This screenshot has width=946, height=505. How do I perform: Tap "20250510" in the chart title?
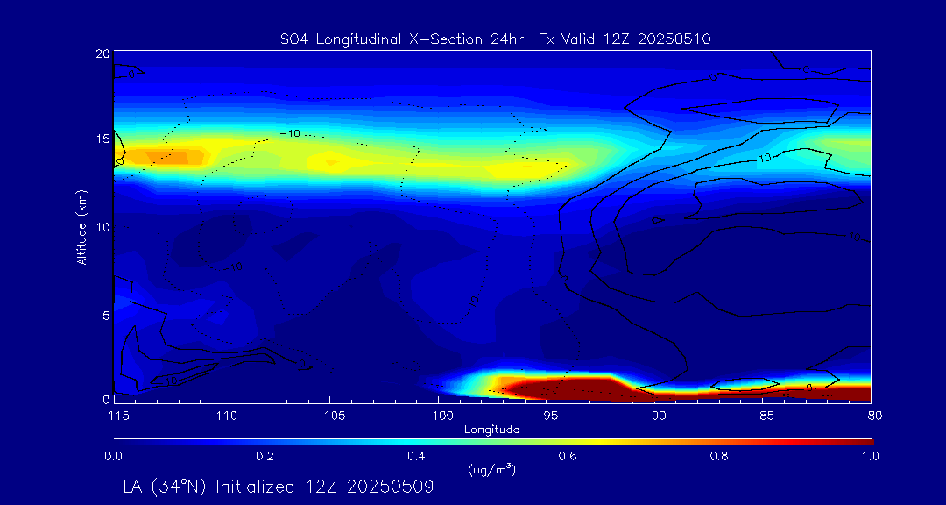(x=674, y=39)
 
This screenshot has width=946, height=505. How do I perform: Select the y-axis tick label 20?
(x=102, y=53)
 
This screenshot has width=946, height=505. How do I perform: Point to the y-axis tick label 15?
(x=102, y=139)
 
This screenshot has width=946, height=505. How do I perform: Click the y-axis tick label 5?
(x=105, y=315)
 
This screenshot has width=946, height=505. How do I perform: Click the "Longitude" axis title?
(x=491, y=430)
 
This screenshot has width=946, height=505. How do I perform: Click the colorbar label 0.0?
(x=113, y=456)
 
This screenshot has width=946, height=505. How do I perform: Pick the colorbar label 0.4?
(x=416, y=456)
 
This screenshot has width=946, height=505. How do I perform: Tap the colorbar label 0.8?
(x=719, y=456)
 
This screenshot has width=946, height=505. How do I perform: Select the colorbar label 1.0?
(x=871, y=456)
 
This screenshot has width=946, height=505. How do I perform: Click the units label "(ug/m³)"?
(x=492, y=469)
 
